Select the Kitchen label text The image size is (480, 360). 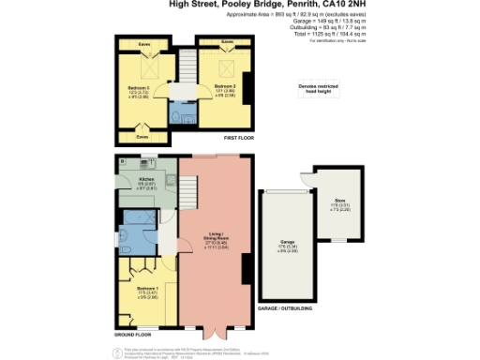tap(146, 179)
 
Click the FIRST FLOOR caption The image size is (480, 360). tap(239, 138)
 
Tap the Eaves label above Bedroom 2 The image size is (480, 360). tap(227, 42)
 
